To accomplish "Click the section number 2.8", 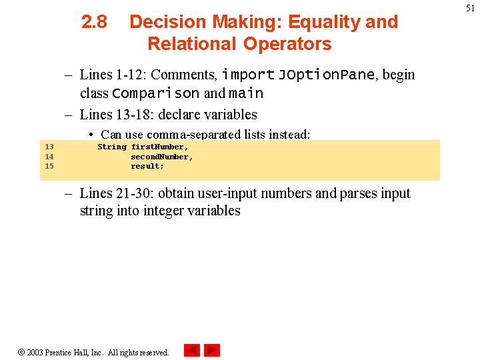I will click(x=94, y=22).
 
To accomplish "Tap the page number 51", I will click(x=469, y=8).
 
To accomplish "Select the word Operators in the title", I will click(x=287, y=44).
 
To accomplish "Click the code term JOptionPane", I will click(x=326, y=75).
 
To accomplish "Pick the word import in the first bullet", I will click(x=248, y=75).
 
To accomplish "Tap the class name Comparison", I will click(x=156, y=93).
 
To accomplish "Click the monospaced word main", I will click(x=246, y=93).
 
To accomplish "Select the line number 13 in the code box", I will click(x=49, y=147).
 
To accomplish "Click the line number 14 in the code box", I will click(x=49, y=157).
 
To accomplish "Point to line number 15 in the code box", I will click(x=49, y=166).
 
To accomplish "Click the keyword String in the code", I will click(x=111, y=147).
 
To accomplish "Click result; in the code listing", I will click(x=147, y=166).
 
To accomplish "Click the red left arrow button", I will click(x=192, y=350).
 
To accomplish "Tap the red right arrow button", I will click(x=212, y=350).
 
